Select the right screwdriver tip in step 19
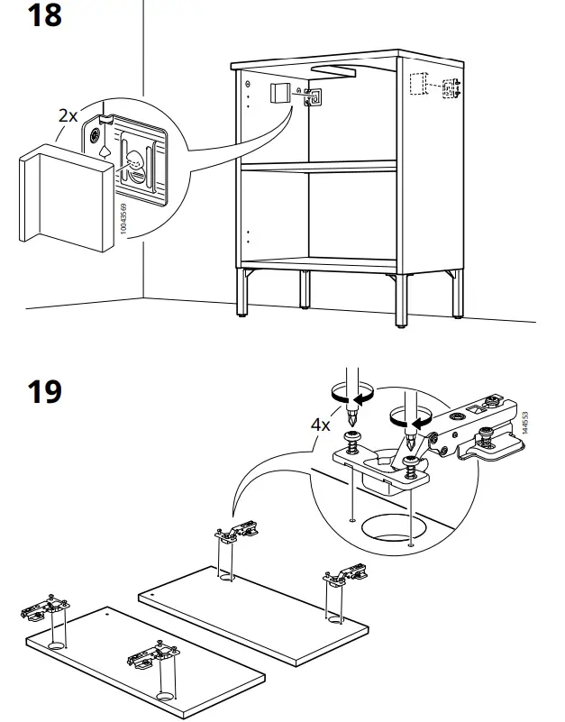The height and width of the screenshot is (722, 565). click(x=411, y=444)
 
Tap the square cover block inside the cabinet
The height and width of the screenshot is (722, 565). click(x=279, y=95)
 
